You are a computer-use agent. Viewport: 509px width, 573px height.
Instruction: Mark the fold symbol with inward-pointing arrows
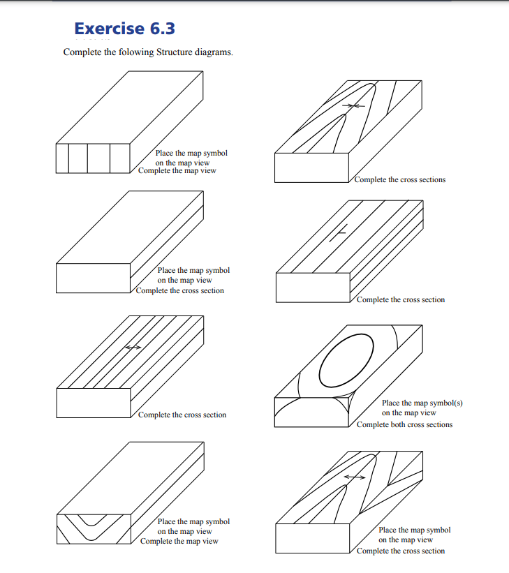356,105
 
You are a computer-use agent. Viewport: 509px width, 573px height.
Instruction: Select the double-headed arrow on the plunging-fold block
354,477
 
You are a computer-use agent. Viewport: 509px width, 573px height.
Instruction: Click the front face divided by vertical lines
93,158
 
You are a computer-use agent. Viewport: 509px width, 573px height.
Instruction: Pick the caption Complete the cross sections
399,179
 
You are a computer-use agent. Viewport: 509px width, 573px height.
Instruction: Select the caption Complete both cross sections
404,424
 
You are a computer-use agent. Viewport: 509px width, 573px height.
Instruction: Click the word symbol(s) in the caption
444,403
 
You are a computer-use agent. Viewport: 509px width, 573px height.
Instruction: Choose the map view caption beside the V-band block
179,541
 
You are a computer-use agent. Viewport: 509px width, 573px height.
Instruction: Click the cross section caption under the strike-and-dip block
400,299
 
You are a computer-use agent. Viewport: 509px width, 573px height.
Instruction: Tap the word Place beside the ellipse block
391,403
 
